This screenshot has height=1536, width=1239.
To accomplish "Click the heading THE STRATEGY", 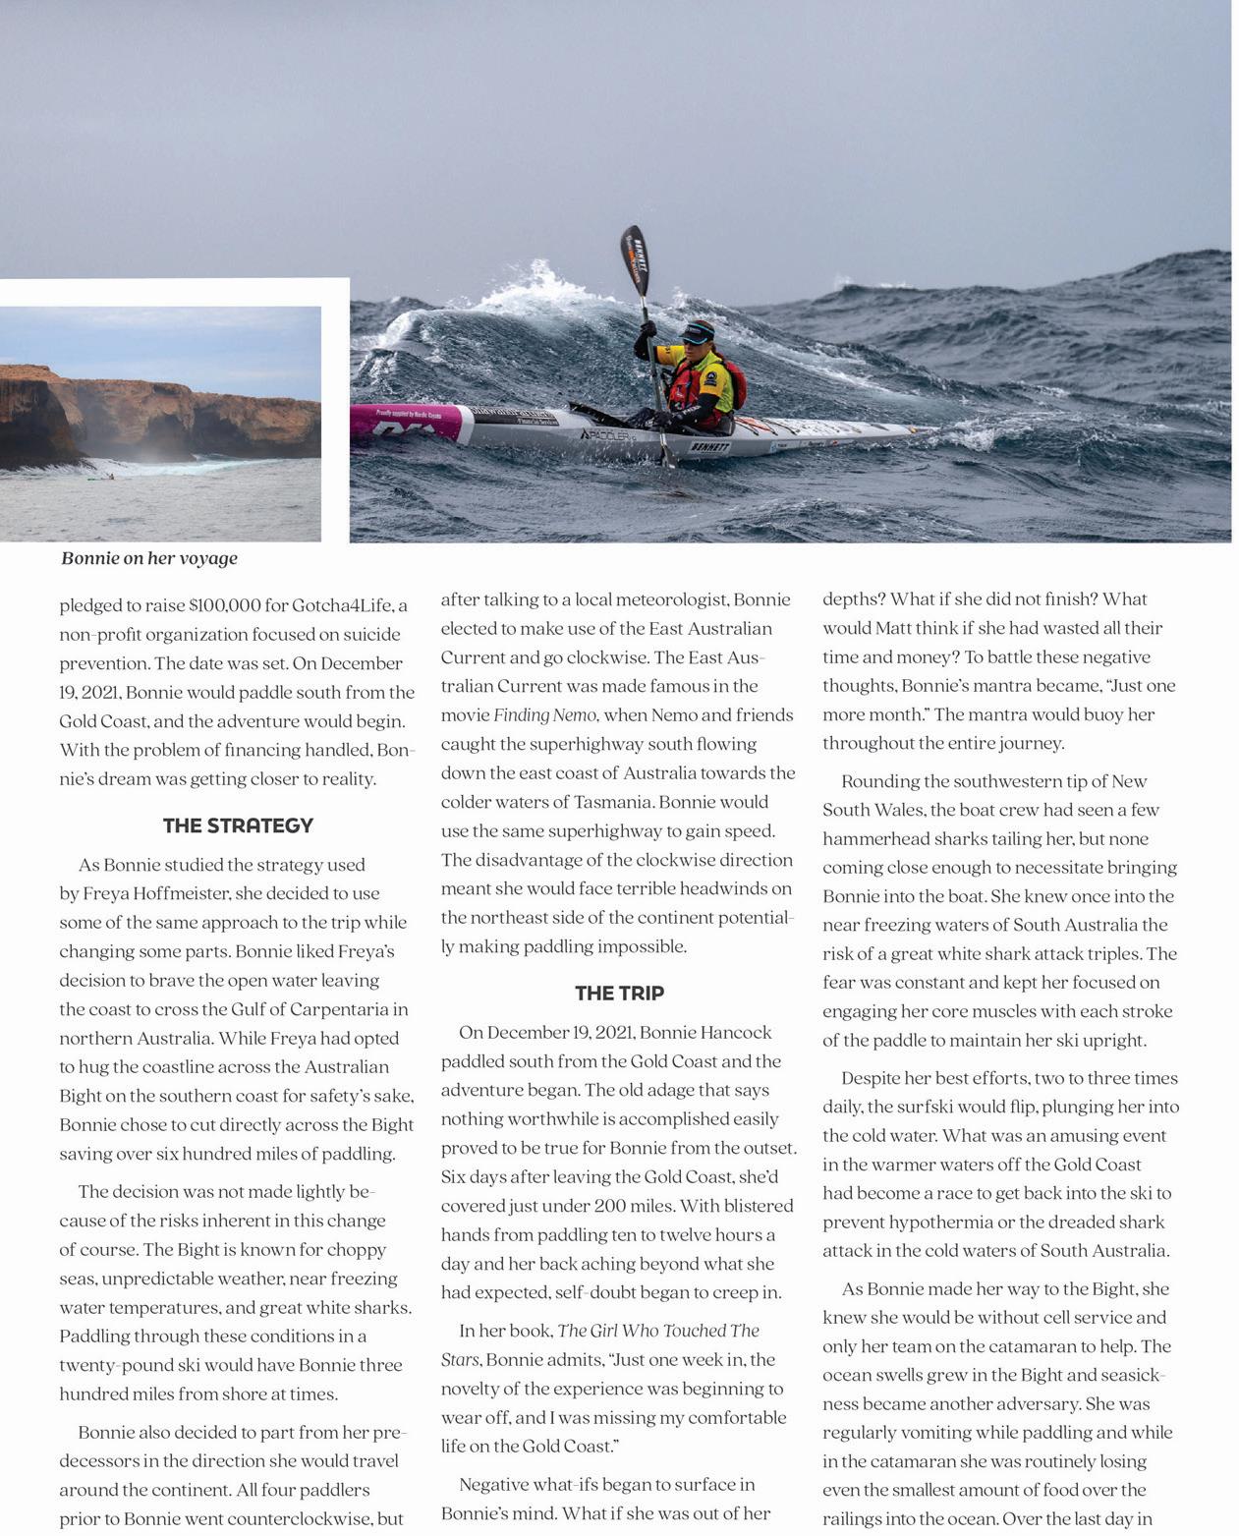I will coord(238,825).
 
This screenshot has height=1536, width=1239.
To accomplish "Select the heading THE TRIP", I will coord(619,993).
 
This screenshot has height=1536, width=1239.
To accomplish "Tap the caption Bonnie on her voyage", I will coord(149,558).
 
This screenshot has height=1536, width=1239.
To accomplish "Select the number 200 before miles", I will coord(610,1206).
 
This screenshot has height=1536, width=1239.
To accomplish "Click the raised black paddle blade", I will coord(634,256).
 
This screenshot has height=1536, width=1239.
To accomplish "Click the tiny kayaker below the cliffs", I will coord(111,477).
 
